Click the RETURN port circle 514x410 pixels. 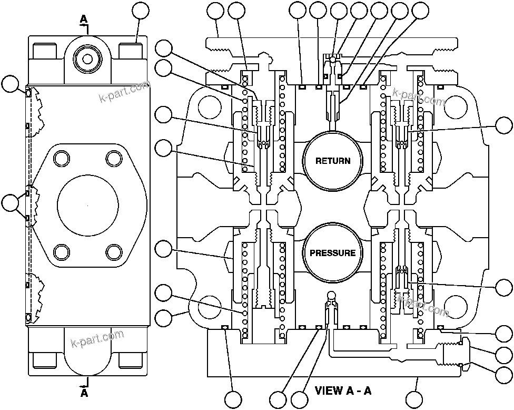coord(332,160)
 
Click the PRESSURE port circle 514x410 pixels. coord(332,253)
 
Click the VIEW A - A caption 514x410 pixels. coord(343,391)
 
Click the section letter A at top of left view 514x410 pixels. coord(83,19)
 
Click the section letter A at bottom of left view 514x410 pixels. coord(84,393)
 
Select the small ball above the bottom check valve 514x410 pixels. coord(331,294)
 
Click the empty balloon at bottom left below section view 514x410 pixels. coord(233,399)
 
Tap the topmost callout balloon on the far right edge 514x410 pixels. coord(505,126)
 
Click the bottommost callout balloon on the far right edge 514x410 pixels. coord(505,375)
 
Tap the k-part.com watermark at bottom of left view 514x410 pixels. coord(97,339)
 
